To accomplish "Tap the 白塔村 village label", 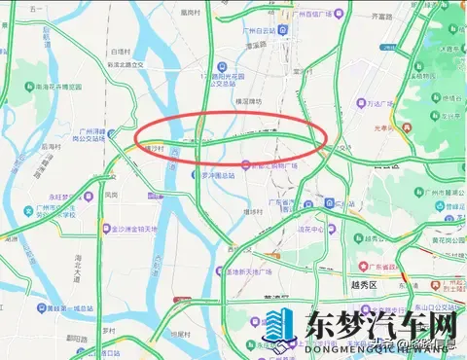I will [121, 50].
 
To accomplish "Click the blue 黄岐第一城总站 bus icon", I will [21, 307].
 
